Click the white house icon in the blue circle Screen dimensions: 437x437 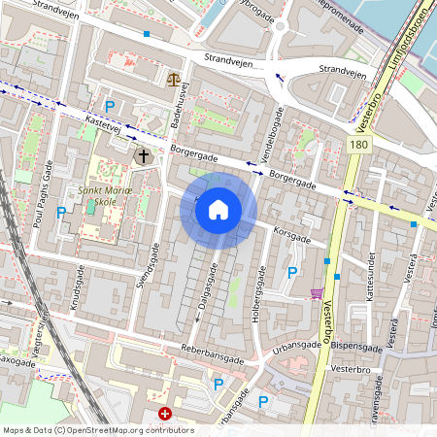218,210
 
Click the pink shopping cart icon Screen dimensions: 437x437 317,292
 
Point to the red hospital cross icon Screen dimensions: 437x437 164,414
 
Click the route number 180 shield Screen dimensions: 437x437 359,144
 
